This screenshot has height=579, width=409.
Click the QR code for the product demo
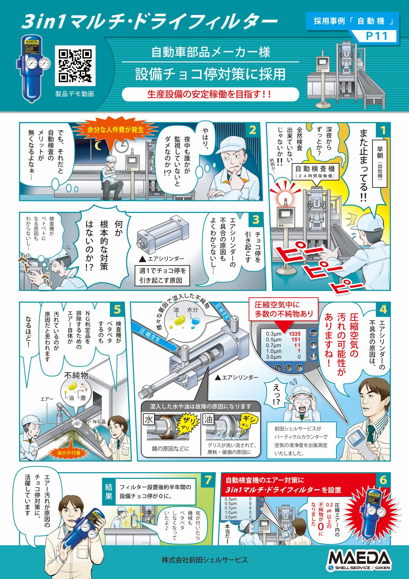[x=75, y=66]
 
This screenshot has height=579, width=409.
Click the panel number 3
[x=256, y=220]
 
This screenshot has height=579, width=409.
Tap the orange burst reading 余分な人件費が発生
[x=115, y=130]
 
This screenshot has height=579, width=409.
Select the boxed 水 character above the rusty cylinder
[x=149, y=420]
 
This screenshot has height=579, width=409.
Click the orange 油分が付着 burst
[x=69, y=453]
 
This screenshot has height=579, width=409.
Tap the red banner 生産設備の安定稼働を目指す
[x=210, y=94]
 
